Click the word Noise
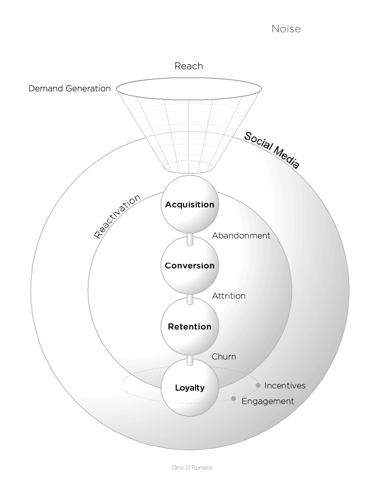click(286, 29)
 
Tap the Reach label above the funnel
click(188, 66)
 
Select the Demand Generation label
click(69, 88)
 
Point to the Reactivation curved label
click(117, 217)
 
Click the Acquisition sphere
click(190, 204)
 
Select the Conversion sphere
click(190, 265)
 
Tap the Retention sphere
click(190, 326)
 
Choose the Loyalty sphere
click(190, 388)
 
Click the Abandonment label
click(241, 235)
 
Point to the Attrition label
click(228, 296)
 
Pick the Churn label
click(223, 357)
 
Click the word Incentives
click(284, 385)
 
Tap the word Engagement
click(267, 401)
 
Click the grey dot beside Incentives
click(258, 385)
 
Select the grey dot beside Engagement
click(233, 399)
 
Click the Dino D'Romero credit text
click(192, 467)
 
